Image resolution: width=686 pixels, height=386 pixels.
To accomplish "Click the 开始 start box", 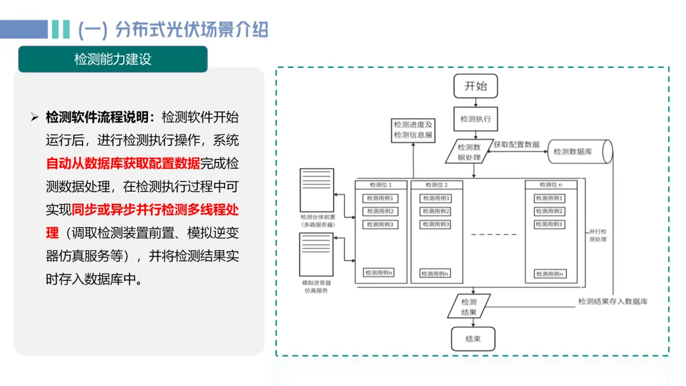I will (475, 86).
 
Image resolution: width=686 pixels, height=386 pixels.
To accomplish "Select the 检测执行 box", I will (475, 119).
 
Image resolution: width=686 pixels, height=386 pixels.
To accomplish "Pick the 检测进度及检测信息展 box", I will (413, 130).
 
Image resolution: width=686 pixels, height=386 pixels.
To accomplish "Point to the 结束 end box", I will (473, 338).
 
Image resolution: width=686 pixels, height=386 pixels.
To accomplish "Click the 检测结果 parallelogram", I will (469, 307).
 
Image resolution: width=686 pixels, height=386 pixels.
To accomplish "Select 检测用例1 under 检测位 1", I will (380, 198).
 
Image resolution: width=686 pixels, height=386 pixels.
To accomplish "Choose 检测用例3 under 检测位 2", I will (436, 224).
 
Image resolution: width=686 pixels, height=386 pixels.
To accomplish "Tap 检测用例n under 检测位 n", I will (550, 274).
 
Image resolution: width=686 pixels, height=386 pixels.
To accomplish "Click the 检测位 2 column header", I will (436, 185).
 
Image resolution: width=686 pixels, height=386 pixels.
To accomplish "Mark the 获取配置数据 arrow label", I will (516, 145).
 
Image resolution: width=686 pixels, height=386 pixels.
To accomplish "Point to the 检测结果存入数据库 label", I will (612, 302).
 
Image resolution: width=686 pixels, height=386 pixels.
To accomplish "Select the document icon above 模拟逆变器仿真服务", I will (316, 255).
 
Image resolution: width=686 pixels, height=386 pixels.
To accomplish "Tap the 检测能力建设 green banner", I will (113, 60).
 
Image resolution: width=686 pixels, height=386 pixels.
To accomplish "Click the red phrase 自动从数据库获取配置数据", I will (123, 163).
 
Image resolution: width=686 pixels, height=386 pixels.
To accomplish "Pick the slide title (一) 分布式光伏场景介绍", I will (173, 29).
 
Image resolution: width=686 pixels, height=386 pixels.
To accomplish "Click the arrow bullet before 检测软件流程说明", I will (35, 117).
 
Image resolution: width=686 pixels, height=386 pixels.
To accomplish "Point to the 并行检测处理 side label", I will (598, 236).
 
